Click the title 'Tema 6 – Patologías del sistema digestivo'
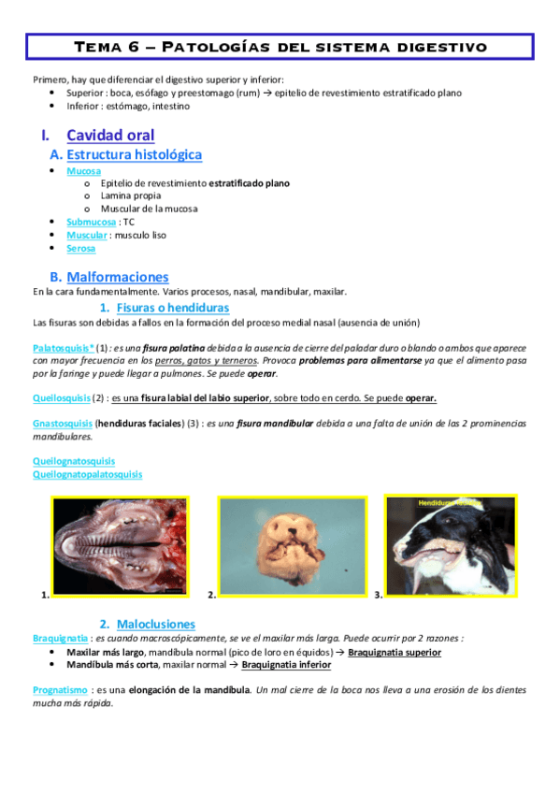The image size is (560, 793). click(280, 46)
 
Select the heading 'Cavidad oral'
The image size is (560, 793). click(110, 135)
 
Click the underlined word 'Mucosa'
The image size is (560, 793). click(83, 171)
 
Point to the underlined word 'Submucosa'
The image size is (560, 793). click(92, 222)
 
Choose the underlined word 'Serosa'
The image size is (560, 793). click(80, 248)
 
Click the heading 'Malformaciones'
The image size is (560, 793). click(118, 277)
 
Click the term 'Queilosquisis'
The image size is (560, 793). click(62, 397)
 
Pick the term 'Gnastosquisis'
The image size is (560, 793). click(62, 423)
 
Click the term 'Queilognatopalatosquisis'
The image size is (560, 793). click(88, 474)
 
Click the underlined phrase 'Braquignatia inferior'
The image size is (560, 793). click(286, 665)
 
